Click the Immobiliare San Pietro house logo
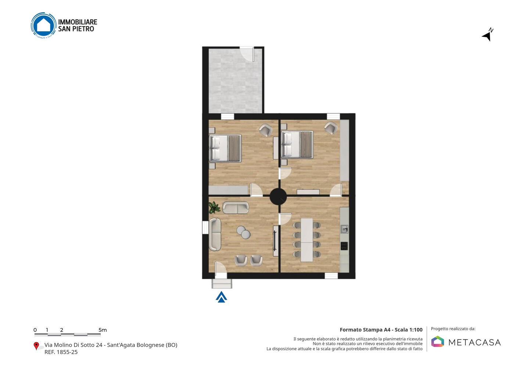(x=44, y=25)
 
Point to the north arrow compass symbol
(x=488, y=35)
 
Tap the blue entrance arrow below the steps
(x=221, y=297)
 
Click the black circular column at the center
(x=278, y=196)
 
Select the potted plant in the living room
(x=214, y=207)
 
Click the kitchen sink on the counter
(x=344, y=229)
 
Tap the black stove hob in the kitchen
(x=344, y=246)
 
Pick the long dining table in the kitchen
(x=307, y=240)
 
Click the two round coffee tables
(x=244, y=232)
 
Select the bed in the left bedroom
(x=225, y=148)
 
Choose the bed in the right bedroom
(x=297, y=145)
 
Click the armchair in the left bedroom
(x=266, y=130)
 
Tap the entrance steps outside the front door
(x=222, y=284)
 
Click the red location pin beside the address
(x=36, y=346)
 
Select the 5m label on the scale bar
(x=103, y=330)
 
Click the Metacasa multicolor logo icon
(x=438, y=341)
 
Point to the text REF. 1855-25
(x=61, y=352)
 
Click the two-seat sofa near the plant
(x=236, y=208)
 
